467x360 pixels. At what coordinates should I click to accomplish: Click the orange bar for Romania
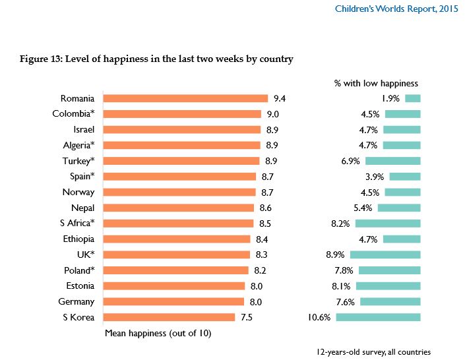click(x=186, y=98)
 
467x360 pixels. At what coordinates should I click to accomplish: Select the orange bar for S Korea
click(x=170, y=317)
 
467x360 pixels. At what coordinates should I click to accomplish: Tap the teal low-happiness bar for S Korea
click(x=378, y=317)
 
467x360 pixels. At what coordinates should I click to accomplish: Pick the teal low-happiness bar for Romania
click(x=413, y=98)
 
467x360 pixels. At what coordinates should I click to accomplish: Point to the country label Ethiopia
click(x=78, y=239)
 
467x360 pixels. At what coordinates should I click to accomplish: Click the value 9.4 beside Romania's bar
click(x=280, y=99)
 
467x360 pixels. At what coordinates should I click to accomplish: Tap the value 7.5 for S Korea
click(x=246, y=317)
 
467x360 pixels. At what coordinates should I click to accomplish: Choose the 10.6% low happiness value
click(x=320, y=317)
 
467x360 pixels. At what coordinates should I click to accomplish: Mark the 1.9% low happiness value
click(x=392, y=99)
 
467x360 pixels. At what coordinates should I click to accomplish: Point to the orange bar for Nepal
click(x=179, y=208)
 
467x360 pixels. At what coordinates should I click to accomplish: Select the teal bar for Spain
click(x=404, y=177)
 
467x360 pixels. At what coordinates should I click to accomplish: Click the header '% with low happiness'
click(x=377, y=84)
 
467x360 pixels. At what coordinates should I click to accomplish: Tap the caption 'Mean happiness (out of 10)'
click(x=158, y=333)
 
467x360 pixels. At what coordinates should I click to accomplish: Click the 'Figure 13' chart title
click(x=157, y=59)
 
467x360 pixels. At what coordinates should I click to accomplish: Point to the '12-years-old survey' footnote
click(x=373, y=352)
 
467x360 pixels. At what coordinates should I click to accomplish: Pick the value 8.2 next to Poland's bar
click(x=261, y=270)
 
